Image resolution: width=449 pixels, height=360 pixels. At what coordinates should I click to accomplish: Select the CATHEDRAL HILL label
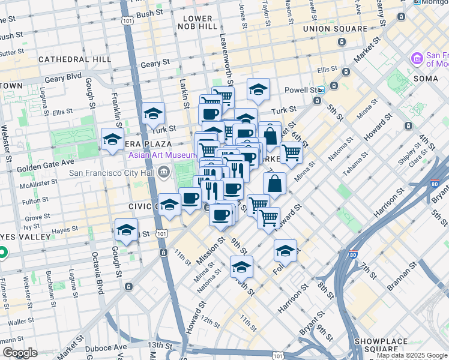[x=74, y=59]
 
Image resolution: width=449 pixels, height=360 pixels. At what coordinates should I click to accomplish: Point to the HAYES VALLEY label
[x=25, y=237]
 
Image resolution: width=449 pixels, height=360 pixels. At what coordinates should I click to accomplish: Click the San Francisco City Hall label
[x=112, y=173]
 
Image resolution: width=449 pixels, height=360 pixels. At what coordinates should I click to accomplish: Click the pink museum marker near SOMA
[x=416, y=59]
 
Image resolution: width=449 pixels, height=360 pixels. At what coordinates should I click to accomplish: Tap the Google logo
[x=20, y=353]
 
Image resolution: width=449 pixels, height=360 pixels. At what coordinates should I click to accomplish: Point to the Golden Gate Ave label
[x=46, y=162]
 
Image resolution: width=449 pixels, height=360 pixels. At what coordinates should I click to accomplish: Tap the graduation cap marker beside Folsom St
[x=285, y=251]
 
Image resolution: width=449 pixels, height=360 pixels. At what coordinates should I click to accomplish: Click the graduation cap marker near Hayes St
[x=126, y=230]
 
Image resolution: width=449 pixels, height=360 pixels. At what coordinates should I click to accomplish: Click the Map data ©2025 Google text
[x=412, y=355]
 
